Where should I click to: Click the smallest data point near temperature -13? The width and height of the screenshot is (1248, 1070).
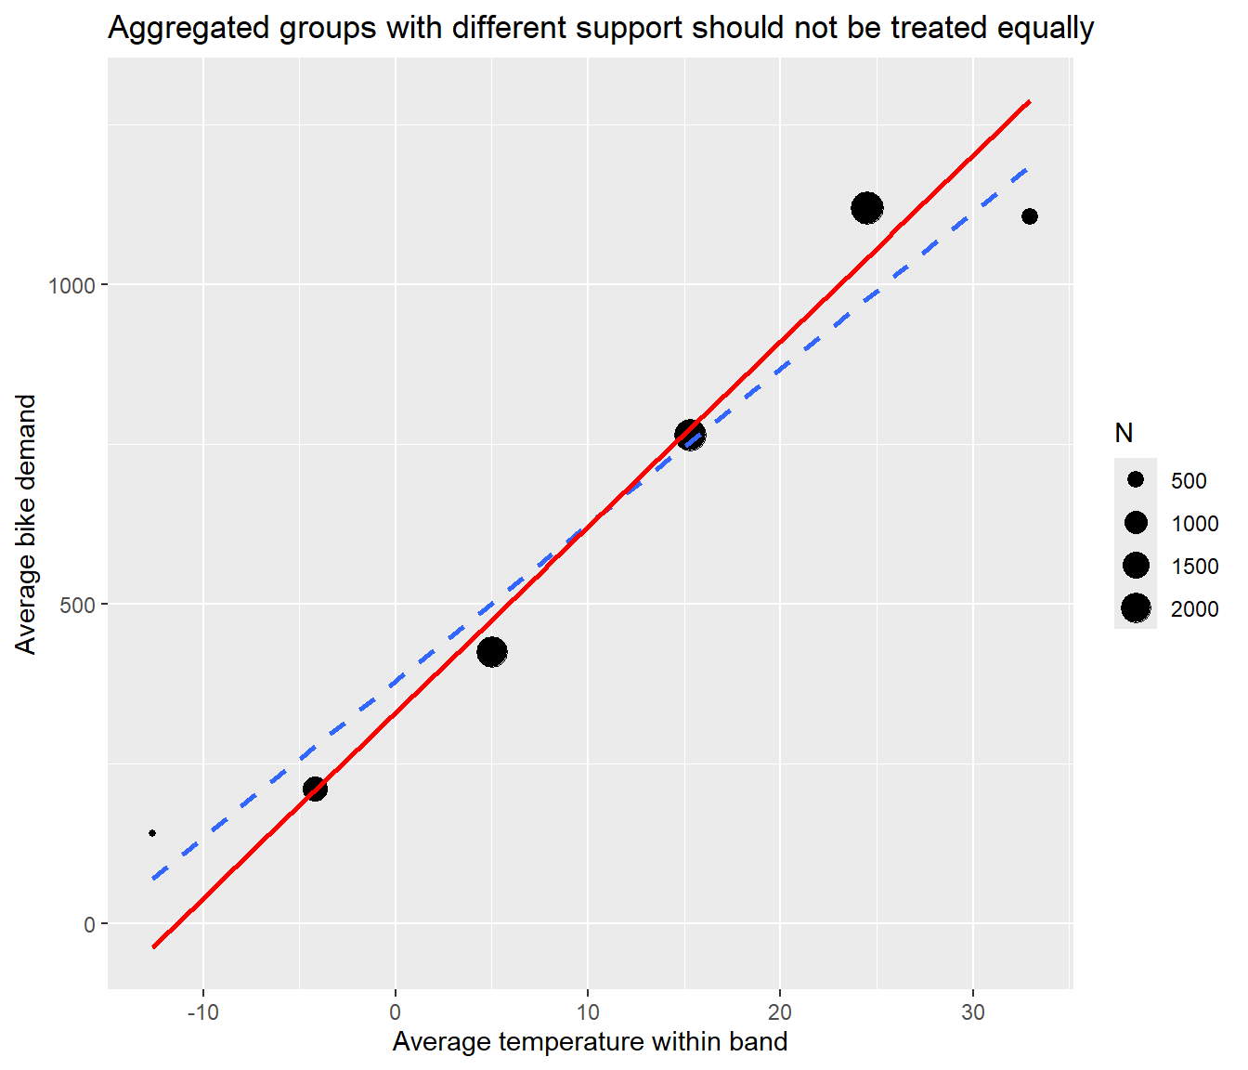point(152,833)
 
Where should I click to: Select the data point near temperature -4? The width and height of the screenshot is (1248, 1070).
point(315,789)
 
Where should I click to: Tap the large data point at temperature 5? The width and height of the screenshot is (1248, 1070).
point(492,652)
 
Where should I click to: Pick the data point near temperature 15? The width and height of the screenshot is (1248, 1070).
point(690,436)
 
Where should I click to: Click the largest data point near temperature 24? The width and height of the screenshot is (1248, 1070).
point(867,208)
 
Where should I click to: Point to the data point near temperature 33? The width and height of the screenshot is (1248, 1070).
point(1030,216)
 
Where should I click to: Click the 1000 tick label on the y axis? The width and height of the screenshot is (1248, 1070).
point(72,285)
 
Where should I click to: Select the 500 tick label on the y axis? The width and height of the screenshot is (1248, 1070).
point(79,605)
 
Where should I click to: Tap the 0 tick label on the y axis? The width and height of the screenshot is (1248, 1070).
point(90,925)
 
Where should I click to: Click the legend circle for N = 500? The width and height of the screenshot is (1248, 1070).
point(1136,480)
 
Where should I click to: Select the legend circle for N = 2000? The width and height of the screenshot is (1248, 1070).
point(1136,608)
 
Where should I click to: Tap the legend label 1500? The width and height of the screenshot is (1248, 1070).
point(1195,567)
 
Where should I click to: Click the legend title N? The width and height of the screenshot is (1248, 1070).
point(1124,433)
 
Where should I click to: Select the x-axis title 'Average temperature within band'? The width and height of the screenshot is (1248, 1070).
point(590,1041)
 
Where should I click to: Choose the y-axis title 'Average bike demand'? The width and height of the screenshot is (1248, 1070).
point(25,525)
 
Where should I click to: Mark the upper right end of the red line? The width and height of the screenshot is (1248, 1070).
point(1030,102)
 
